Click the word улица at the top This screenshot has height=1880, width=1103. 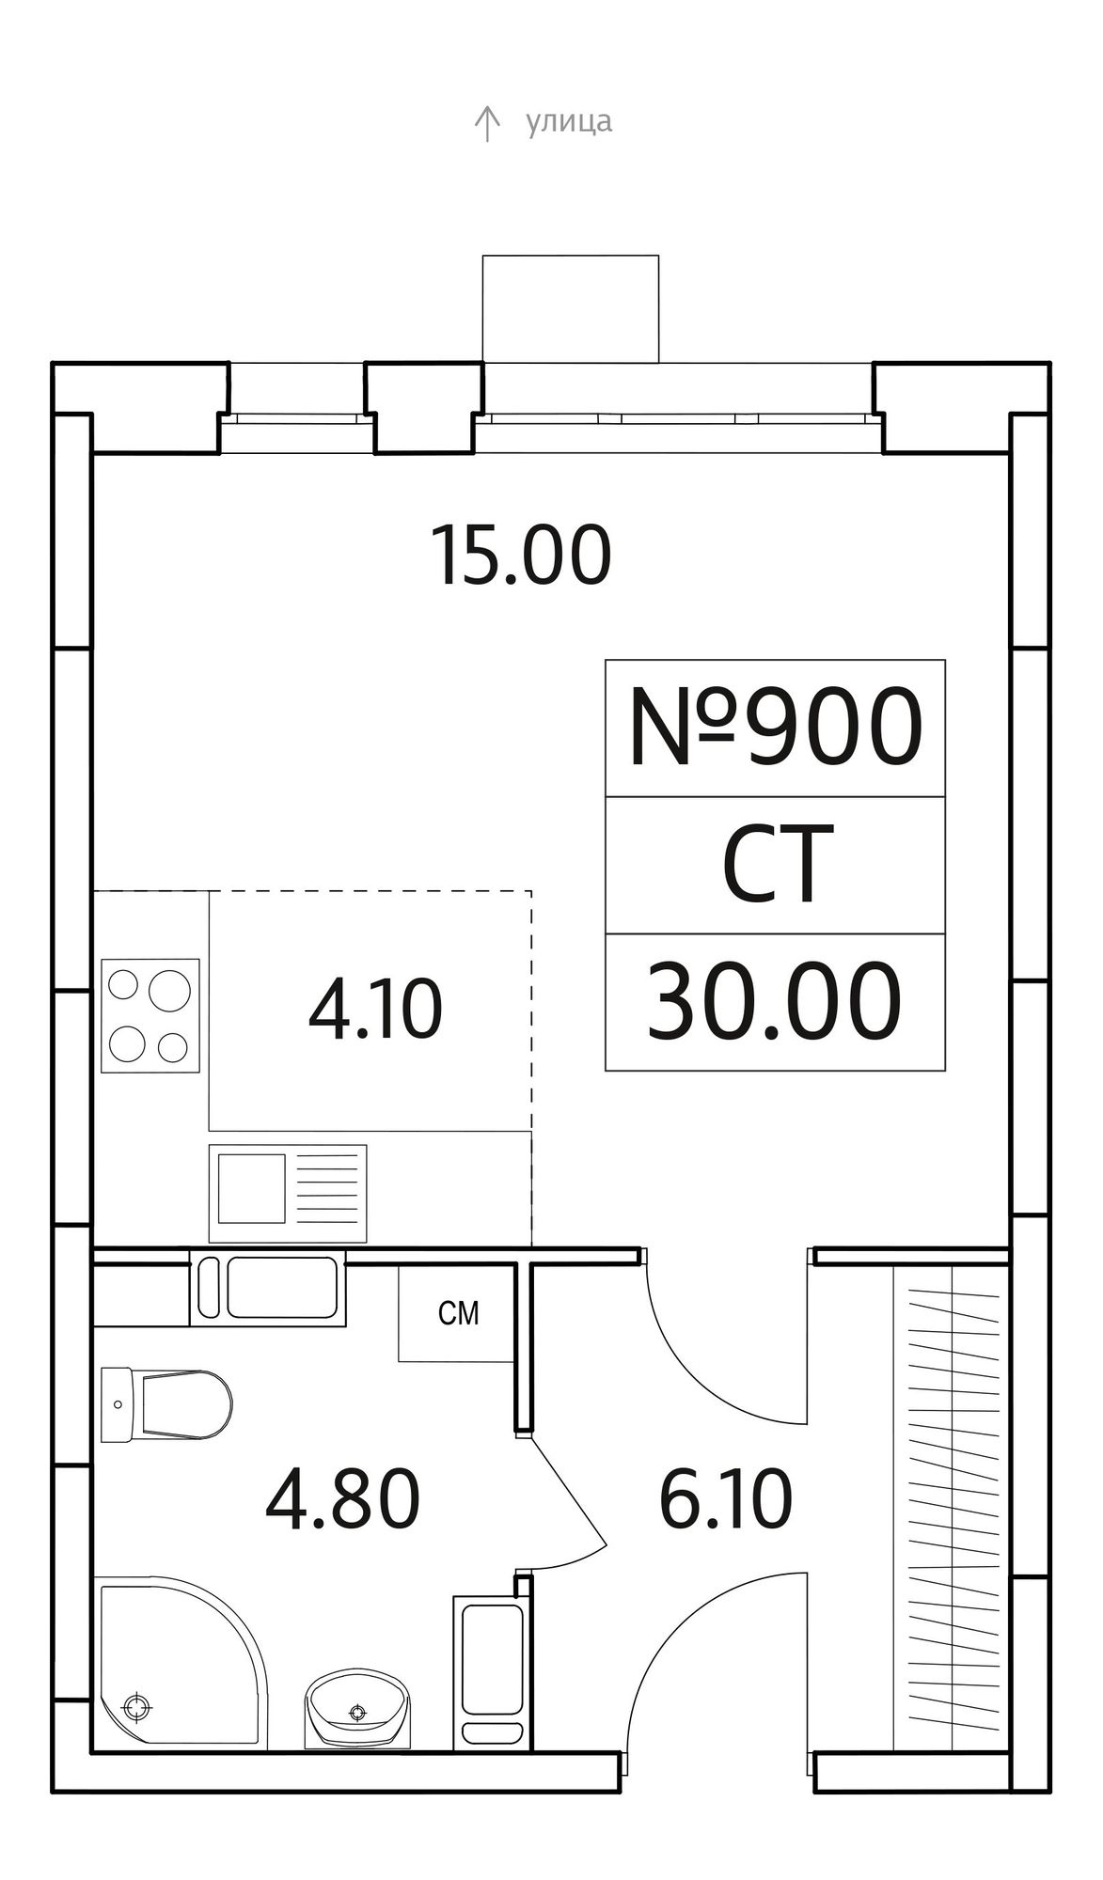[569, 122]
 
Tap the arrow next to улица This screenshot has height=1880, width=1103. [486, 124]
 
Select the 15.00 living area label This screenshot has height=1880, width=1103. [521, 556]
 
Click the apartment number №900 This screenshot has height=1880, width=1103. [775, 726]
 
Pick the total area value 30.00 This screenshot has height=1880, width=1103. [774, 1002]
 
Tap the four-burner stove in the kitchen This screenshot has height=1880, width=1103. [150, 1016]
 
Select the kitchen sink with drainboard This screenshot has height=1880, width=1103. [288, 1194]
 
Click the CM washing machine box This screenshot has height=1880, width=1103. [458, 1313]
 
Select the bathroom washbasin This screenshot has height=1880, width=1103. [356, 1708]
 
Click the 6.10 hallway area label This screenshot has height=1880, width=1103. [726, 1500]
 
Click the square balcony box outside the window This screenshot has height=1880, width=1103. [571, 308]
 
